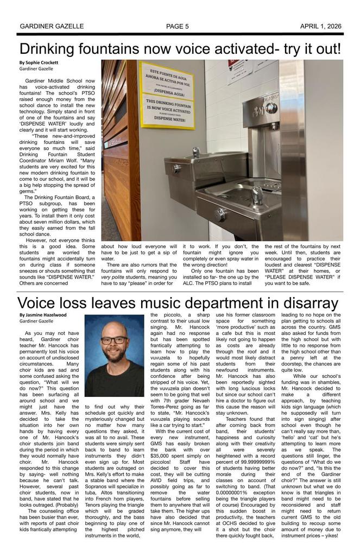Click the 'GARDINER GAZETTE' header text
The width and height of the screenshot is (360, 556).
pos(52,26)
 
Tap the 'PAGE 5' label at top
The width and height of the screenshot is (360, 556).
pos(177,26)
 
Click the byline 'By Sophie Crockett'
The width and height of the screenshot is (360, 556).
pos(39,62)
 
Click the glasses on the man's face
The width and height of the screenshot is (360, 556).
pos(115,340)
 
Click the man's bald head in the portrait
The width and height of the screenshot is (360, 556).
pos(114,328)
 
